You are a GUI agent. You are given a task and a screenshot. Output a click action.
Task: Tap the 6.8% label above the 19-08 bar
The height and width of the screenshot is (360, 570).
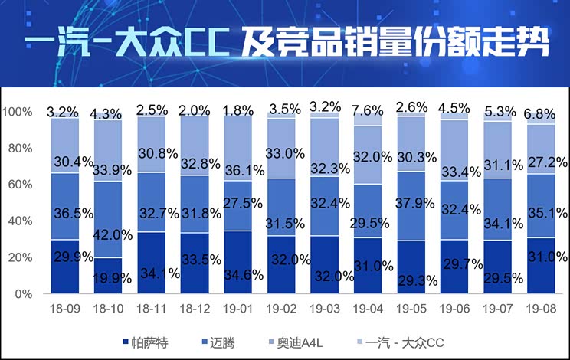tap(540, 114)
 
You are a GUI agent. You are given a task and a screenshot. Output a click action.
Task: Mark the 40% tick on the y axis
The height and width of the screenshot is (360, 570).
tap(20, 221)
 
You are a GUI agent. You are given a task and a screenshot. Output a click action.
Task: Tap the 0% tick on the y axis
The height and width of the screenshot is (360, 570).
tap(23, 294)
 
